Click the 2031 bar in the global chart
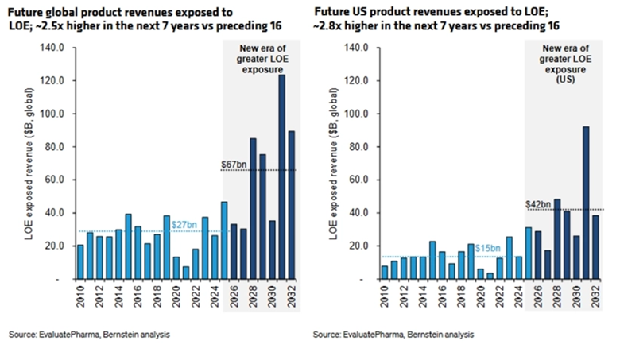[x=281, y=177]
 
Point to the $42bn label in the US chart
[x=538, y=204]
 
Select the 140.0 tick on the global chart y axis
[x=52, y=48]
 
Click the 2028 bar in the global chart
[x=252, y=209]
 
